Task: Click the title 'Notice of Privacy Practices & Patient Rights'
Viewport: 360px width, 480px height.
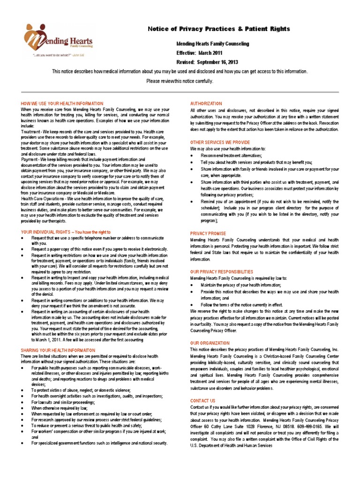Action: [219, 29]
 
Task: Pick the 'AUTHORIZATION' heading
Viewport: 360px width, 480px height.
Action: [205, 103]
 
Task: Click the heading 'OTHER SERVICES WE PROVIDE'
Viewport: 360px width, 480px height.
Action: [220, 142]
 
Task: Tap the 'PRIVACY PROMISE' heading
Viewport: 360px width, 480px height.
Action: [208, 233]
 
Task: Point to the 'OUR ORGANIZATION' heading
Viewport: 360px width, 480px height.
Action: [210, 343]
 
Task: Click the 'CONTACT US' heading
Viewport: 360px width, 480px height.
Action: [202, 401]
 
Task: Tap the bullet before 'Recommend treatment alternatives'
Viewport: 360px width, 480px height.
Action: [193, 155]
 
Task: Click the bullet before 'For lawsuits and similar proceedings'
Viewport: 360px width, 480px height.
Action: [23, 402]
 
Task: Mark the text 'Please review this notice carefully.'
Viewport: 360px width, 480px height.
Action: [180, 81]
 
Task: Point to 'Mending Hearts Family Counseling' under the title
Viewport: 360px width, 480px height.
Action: [212, 44]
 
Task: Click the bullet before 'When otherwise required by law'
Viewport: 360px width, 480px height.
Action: [23, 408]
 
